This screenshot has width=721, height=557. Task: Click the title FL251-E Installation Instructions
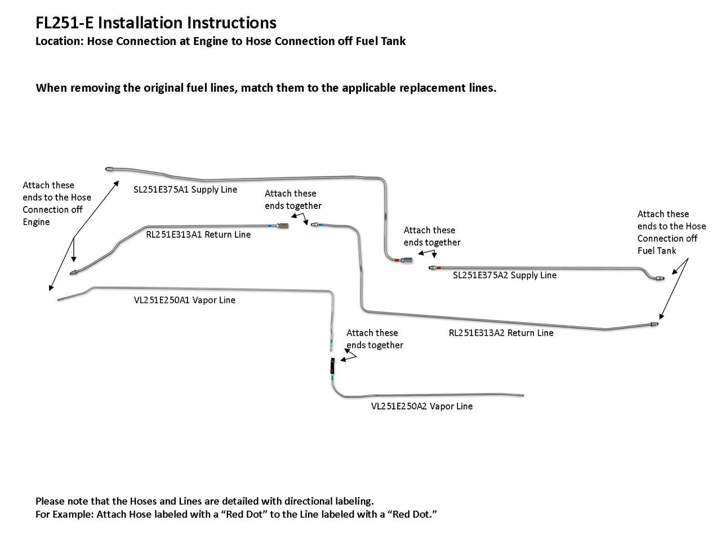155,23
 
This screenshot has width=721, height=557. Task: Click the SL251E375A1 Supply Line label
185,190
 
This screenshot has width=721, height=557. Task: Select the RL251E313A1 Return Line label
198,234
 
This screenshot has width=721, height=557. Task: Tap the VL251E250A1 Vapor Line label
185,300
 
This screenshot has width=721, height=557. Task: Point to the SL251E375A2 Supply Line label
505,275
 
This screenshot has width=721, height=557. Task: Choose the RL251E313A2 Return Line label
501,333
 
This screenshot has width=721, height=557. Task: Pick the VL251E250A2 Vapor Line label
422,406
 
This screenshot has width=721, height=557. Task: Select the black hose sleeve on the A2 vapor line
332,366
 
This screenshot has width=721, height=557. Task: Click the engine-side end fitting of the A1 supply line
110,168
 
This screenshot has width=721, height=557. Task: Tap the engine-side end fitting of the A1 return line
75,272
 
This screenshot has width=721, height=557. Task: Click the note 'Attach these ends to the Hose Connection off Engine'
56,203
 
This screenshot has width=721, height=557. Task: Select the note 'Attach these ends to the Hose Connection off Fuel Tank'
671,232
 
